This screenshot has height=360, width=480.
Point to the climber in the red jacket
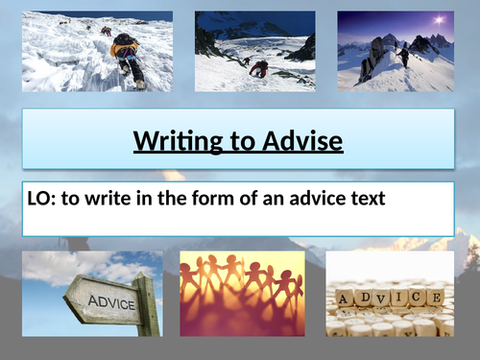[258, 68]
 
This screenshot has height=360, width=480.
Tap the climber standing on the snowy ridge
[404, 57]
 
